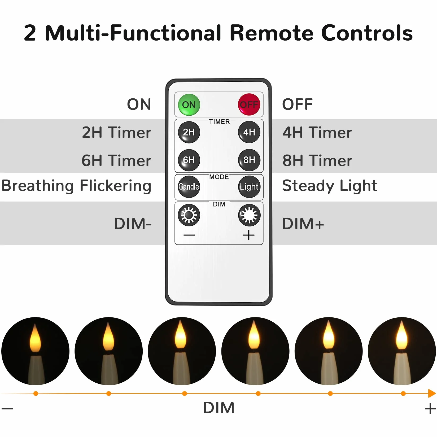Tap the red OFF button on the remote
(x=249, y=104)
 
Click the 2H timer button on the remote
(x=189, y=132)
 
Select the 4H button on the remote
(x=249, y=132)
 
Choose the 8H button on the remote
(x=249, y=160)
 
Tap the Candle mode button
(x=189, y=187)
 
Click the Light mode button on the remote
(x=249, y=187)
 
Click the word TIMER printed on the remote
(x=219, y=122)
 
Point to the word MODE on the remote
(x=219, y=177)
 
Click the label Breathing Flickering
(x=76, y=186)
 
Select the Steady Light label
(x=329, y=186)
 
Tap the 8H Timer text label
(x=317, y=161)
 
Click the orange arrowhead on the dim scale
(x=432, y=393)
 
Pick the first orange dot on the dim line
(x=36, y=394)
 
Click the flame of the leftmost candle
(x=35, y=338)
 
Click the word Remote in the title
(x=272, y=33)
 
